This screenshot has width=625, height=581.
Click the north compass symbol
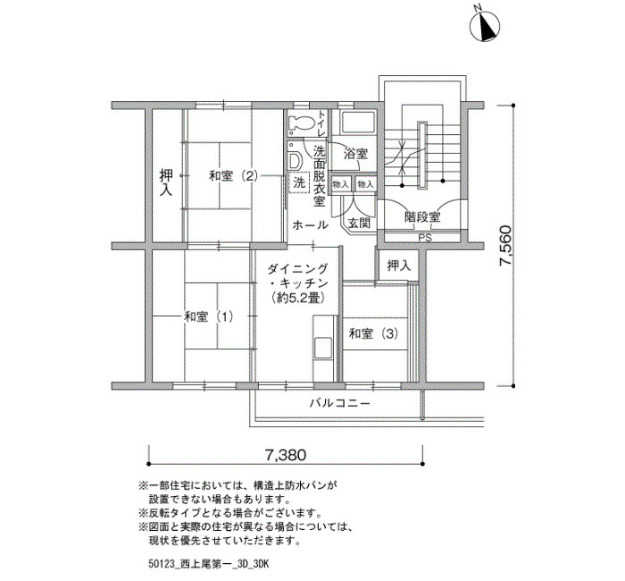485,25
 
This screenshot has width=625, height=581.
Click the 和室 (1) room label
208,316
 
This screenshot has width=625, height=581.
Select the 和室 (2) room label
234,176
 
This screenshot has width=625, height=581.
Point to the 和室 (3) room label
373,333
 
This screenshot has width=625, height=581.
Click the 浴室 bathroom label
355,153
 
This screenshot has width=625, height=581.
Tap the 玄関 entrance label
359,223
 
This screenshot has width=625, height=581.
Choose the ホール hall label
311,225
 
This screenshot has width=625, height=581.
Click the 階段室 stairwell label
422,217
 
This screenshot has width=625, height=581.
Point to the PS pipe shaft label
425,239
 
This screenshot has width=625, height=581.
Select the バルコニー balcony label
340,403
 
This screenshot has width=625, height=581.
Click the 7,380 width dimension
286,454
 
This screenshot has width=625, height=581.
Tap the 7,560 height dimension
505,245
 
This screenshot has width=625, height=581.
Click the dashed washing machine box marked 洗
298,182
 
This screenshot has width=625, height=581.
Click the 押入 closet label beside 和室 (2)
166,182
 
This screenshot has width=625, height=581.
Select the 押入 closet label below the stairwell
399,265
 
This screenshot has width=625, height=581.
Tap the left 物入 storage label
341,184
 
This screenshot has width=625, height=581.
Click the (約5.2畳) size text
296,298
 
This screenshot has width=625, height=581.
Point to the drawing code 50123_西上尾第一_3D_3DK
208,565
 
